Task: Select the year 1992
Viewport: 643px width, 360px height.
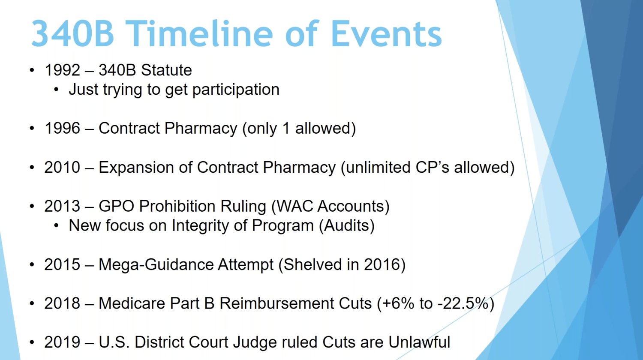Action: pyautogui.click(x=62, y=70)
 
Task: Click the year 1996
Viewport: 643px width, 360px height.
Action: pyautogui.click(x=62, y=128)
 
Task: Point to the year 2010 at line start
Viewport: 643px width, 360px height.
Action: pyautogui.click(x=62, y=167)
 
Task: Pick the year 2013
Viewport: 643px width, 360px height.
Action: pyautogui.click(x=62, y=206)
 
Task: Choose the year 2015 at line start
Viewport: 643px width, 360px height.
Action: pyautogui.click(x=62, y=264)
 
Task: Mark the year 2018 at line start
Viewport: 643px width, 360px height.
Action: pyautogui.click(x=62, y=303)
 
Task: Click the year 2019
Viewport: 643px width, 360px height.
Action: pyautogui.click(x=62, y=342)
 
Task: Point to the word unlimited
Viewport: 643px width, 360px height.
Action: pyautogui.click(x=378, y=167)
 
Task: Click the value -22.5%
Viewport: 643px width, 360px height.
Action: pyautogui.click(x=465, y=303)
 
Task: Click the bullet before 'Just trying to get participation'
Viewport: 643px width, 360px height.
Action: pyautogui.click(x=56, y=90)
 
